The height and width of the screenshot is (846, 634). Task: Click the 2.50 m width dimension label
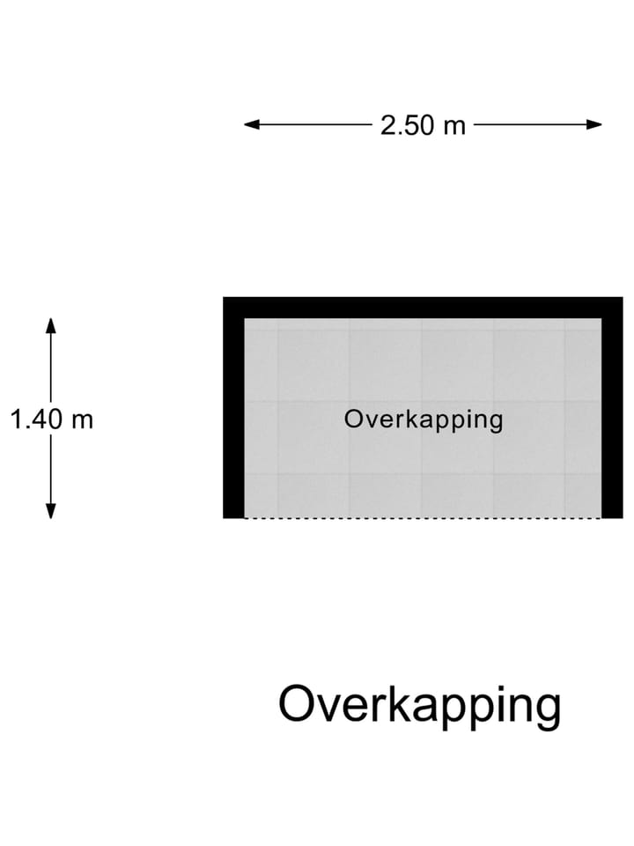pyautogui.click(x=423, y=125)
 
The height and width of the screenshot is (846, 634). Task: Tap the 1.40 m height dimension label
pyautogui.click(x=52, y=419)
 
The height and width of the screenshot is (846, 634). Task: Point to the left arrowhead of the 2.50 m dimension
pyautogui.click(x=252, y=124)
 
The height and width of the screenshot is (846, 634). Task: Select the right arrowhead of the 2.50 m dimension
pyautogui.click(x=594, y=124)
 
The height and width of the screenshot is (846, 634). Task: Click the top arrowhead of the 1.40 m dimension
pyautogui.click(x=51, y=326)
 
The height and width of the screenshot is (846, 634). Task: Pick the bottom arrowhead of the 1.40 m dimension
pyautogui.click(x=51, y=511)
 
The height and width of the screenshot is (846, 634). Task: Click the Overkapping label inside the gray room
pyautogui.click(x=424, y=420)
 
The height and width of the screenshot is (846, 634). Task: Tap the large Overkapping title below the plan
pyautogui.click(x=419, y=706)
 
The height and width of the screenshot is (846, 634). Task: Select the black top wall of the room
pyautogui.click(x=423, y=308)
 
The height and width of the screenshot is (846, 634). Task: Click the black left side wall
pyautogui.click(x=234, y=407)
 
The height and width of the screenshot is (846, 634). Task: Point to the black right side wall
pyautogui.click(x=613, y=407)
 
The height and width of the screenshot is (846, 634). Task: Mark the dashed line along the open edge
pyautogui.click(x=424, y=518)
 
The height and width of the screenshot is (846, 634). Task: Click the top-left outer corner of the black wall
pyautogui.click(x=223, y=297)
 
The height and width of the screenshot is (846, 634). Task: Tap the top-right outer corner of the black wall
pyautogui.click(x=623, y=297)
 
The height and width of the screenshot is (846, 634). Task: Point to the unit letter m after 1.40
pyautogui.click(x=83, y=422)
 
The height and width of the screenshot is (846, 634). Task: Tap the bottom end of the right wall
pyautogui.click(x=613, y=518)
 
